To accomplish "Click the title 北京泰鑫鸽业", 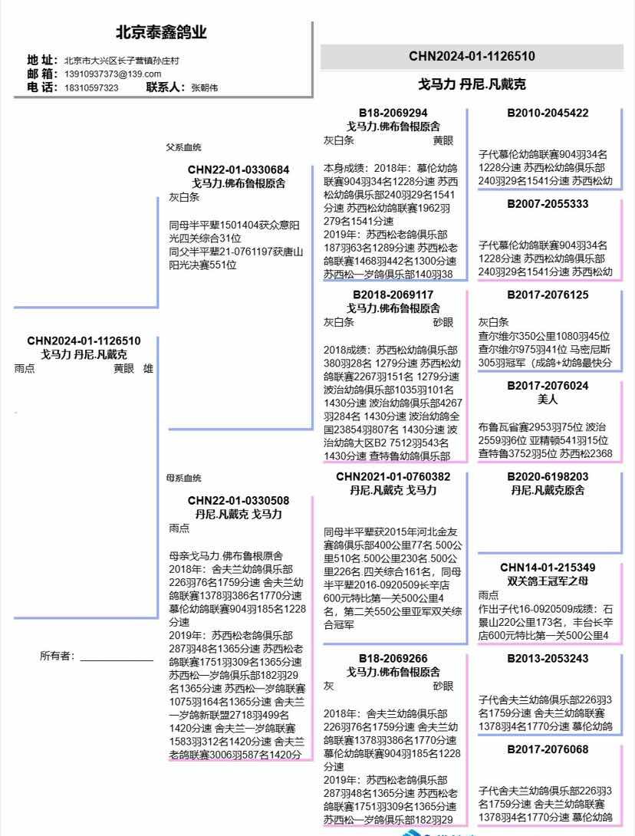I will (x=161, y=33).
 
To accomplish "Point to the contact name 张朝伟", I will (x=204, y=88).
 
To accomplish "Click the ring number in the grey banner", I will (x=472, y=56).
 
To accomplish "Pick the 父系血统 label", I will (x=183, y=147).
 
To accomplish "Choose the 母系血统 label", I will (x=183, y=478).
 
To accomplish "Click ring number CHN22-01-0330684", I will (x=239, y=170).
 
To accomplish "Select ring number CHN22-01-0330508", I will (x=239, y=501).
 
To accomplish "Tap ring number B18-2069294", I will (x=393, y=113).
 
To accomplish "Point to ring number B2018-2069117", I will (x=393, y=295).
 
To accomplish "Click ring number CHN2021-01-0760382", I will (x=393, y=476).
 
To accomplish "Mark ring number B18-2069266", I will (x=393, y=658).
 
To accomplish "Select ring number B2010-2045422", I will (x=548, y=113).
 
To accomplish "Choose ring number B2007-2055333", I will (x=548, y=204).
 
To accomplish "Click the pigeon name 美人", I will (x=548, y=400).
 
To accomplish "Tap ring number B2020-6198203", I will (x=548, y=476).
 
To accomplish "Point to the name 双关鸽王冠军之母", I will (x=548, y=581).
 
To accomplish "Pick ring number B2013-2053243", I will (x=548, y=658).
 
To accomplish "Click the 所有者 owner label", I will (x=58, y=656).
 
